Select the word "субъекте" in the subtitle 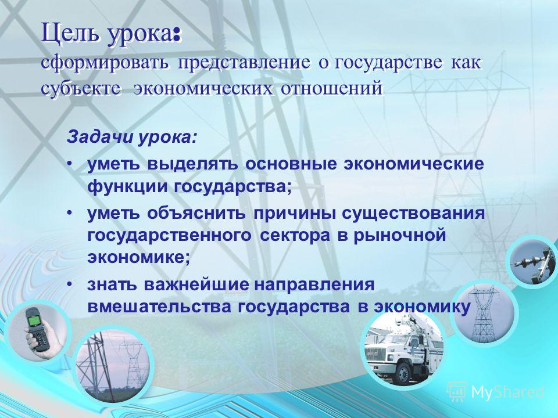tap(80, 88)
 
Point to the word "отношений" tap(332, 88)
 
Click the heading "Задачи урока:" tap(131, 137)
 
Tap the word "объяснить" tap(196, 214)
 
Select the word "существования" tap(413, 214)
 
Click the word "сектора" tap(295, 236)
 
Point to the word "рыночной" tap(400, 236)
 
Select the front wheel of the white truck tap(403, 373)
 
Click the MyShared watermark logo tap(495, 392)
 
